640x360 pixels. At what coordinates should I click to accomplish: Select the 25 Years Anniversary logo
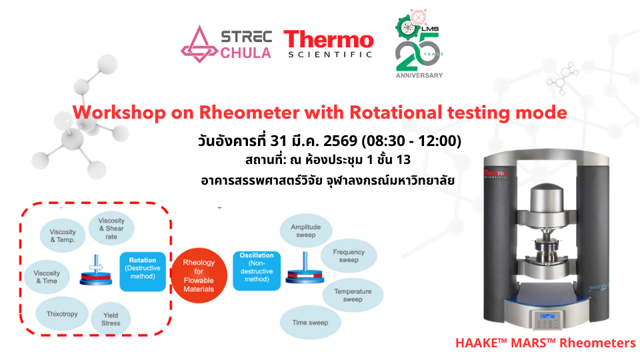click(x=419, y=45)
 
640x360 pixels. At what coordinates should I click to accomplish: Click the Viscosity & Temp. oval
click(x=62, y=235)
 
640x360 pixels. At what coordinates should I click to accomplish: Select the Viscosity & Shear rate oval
click(x=111, y=229)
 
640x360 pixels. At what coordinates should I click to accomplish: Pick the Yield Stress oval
click(x=111, y=319)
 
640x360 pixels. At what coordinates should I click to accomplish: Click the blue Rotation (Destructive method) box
click(x=143, y=271)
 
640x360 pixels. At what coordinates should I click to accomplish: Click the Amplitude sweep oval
click(x=305, y=231)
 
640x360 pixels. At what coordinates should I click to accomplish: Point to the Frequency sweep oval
click(x=349, y=256)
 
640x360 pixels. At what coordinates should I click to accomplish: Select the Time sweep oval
click(x=310, y=322)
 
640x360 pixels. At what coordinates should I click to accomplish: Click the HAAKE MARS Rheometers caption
click(x=545, y=343)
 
